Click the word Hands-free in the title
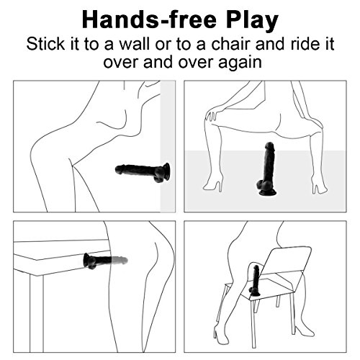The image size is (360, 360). pyautogui.click(x=149, y=20)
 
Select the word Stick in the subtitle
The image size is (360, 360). pyautogui.click(x=45, y=44)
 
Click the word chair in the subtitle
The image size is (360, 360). pyautogui.click(x=230, y=44)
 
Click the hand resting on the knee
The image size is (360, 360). pyautogui.click(x=212, y=115)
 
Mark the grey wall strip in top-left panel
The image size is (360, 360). pyautogui.click(x=168, y=146)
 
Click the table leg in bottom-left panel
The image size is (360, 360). pyautogui.click(x=37, y=313)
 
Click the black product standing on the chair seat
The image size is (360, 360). pyautogui.click(x=255, y=280)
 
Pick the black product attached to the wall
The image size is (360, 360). pyautogui.click(x=143, y=172)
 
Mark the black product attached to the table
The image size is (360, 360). pyautogui.click(x=105, y=261)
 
